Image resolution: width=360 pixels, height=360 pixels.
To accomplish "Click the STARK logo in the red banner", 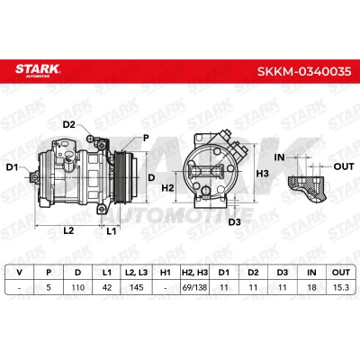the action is coord(38,70).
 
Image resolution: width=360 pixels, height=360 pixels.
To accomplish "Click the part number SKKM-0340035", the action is coord(304,71).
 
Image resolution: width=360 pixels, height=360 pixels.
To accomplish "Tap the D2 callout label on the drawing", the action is coord(69,124).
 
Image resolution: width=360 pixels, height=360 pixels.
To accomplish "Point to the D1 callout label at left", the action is coord(13,167).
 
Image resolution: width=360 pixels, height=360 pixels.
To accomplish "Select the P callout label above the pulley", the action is coord(146,138).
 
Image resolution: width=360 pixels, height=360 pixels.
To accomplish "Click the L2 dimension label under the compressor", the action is coord(68,230).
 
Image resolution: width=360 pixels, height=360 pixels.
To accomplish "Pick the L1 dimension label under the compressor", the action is coord(112,230).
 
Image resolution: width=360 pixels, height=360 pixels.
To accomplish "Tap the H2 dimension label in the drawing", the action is coord(167,188).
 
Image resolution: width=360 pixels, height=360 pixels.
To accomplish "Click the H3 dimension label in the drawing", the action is coord(263,174).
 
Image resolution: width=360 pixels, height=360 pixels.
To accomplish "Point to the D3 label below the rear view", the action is coord(235,222).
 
